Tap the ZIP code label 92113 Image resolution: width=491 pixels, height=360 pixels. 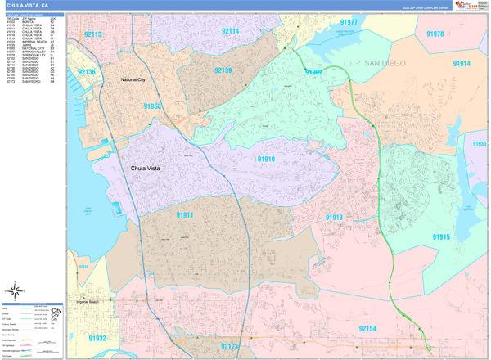(92, 35)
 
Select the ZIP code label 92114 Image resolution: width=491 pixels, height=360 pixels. (230, 31)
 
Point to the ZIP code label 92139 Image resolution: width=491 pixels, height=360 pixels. (223, 71)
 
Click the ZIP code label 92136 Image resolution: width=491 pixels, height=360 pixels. (86, 73)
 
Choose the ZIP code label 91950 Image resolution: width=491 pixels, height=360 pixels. (152, 106)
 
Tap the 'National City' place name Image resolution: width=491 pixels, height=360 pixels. (132, 80)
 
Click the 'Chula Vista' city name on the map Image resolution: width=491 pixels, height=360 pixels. (151, 169)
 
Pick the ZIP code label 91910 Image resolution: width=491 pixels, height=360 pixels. (266, 159)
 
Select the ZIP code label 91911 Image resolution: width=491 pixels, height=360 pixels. (184, 214)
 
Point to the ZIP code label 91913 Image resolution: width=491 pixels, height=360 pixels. (334, 218)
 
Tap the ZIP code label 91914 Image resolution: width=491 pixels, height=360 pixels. (462, 64)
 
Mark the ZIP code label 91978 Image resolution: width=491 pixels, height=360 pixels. (435, 34)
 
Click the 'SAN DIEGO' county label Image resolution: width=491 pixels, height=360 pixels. (385, 63)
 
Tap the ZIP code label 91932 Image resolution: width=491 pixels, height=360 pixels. (97, 338)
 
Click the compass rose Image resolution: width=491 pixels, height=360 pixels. (16, 290)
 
